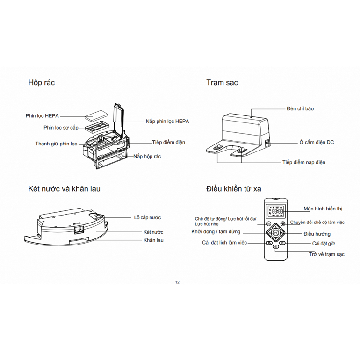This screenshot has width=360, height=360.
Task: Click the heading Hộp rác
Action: click(42, 83)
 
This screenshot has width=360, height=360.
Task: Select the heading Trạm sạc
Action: click(222, 83)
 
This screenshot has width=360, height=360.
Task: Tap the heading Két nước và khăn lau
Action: click(64, 189)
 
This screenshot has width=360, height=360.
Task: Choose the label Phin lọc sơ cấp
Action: click(61, 127)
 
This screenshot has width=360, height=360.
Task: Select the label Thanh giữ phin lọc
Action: click(56, 144)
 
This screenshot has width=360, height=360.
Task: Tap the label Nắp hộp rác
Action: click(147, 156)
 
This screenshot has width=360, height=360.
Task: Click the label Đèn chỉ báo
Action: click(300, 108)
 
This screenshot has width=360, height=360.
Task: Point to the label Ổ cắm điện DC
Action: click(317, 142)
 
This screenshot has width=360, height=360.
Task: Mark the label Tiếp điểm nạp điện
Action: click(303, 162)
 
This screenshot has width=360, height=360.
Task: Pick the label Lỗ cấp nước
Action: click(147, 217)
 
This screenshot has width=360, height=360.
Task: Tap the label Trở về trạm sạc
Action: click(326, 254)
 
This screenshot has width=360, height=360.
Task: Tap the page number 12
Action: click(177, 282)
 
